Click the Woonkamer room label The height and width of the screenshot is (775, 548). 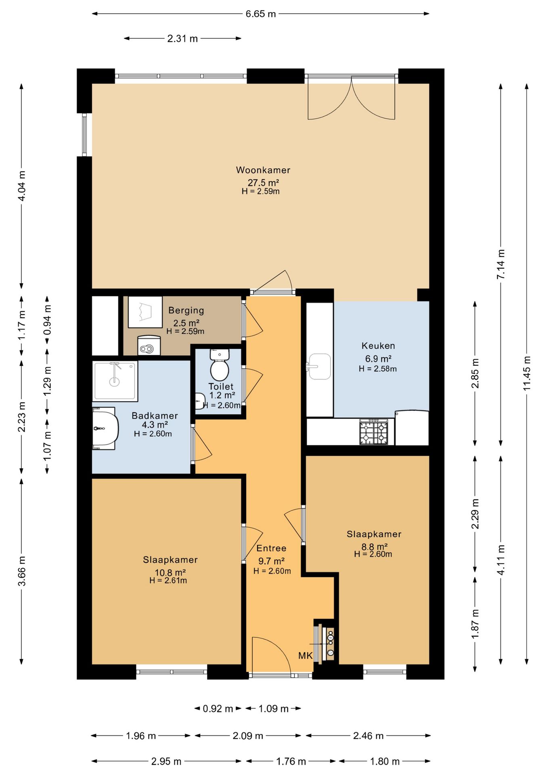tap(263, 170)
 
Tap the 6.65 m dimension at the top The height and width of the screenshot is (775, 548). tap(261, 14)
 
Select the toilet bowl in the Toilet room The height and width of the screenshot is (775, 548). tap(220, 365)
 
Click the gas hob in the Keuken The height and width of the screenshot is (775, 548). tap(374, 432)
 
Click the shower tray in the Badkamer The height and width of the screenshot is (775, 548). tap(115, 381)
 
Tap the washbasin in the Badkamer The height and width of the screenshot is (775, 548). tap(105, 428)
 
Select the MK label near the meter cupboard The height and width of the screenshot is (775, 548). tap(305, 656)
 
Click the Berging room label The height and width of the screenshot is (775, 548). tap(186, 310)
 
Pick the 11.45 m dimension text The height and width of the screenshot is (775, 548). tap(527, 373)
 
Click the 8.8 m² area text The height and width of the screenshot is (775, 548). tap(374, 547)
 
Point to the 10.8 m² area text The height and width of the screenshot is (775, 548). tap(170, 572)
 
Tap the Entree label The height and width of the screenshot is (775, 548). tap(271, 548)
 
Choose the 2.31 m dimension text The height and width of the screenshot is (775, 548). tap(182, 39)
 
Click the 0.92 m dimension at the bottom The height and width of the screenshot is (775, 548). tap(218, 708)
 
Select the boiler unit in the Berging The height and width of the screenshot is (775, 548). tap(149, 346)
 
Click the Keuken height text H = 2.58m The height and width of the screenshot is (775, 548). tap(378, 369)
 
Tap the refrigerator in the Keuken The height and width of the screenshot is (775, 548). tap(412, 427)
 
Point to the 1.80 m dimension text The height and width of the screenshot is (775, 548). tap(385, 762)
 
